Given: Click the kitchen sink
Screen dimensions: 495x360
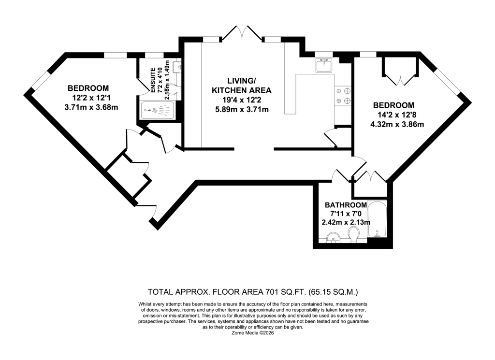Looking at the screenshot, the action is pyautogui.click(x=323, y=65).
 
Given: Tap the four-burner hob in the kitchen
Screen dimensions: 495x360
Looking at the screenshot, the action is pyautogui.click(x=343, y=96).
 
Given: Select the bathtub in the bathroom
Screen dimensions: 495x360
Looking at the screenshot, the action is pyautogui.click(x=377, y=219).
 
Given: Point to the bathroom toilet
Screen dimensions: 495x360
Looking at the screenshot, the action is pyautogui.click(x=354, y=235).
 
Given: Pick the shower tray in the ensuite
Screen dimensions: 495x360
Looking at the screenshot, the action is pyautogui.click(x=157, y=110).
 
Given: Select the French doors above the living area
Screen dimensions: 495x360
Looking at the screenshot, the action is pyautogui.click(x=242, y=33).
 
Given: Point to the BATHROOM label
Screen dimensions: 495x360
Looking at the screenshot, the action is pyautogui.click(x=346, y=205).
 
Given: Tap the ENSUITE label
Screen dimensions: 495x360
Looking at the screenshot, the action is pyautogui.click(x=153, y=80).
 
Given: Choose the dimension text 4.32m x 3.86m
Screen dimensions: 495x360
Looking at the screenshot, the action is pyautogui.click(x=397, y=124).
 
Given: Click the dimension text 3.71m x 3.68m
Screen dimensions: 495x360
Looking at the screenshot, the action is pyautogui.click(x=91, y=107).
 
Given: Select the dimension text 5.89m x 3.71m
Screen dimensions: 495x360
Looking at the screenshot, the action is pyautogui.click(x=242, y=110).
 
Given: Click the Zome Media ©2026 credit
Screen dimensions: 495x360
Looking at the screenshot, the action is pyautogui.click(x=253, y=333).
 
